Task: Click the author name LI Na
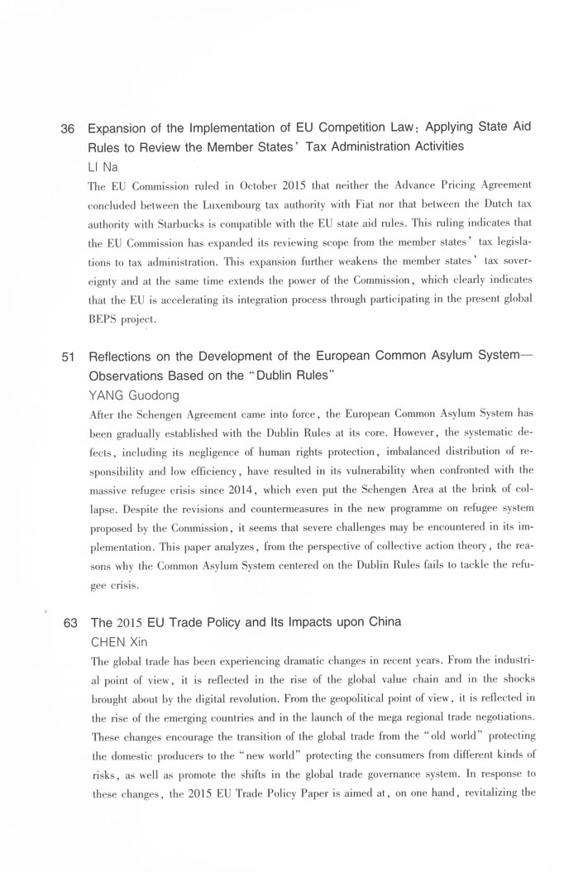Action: click(x=103, y=165)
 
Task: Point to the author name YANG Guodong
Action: click(x=133, y=395)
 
